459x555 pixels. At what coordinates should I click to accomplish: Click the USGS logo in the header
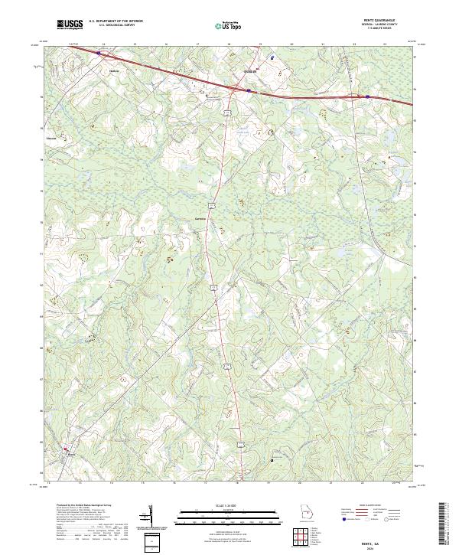point(70,25)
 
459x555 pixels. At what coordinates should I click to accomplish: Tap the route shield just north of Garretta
point(218,204)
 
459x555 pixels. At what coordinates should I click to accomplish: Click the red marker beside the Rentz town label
point(65,449)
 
